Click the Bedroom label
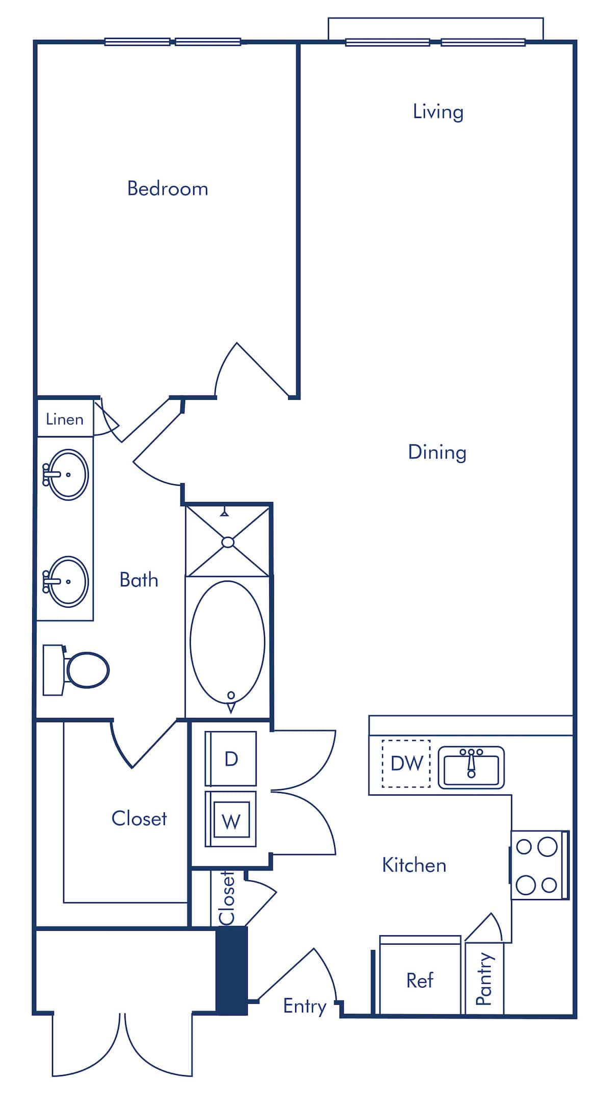pyautogui.click(x=167, y=189)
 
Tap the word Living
pyautogui.click(x=438, y=112)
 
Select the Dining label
pyautogui.click(x=437, y=452)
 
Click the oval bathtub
pyautogui.click(x=227, y=642)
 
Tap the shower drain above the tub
pyautogui.click(x=228, y=542)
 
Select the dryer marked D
pyautogui.click(x=231, y=759)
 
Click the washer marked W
pyautogui.click(x=231, y=820)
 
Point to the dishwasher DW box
pyautogui.click(x=406, y=763)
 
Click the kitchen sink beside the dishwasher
pyautogui.click(x=471, y=767)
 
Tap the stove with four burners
pyautogui.click(x=539, y=865)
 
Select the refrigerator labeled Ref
pyautogui.click(x=420, y=980)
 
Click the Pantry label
pyautogui.click(x=484, y=979)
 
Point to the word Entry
pyautogui.click(x=304, y=1006)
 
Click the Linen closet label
pyautogui.click(x=64, y=419)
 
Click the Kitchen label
pyautogui.click(x=414, y=865)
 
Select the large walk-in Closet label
pyautogui.click(x=139, y=818)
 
